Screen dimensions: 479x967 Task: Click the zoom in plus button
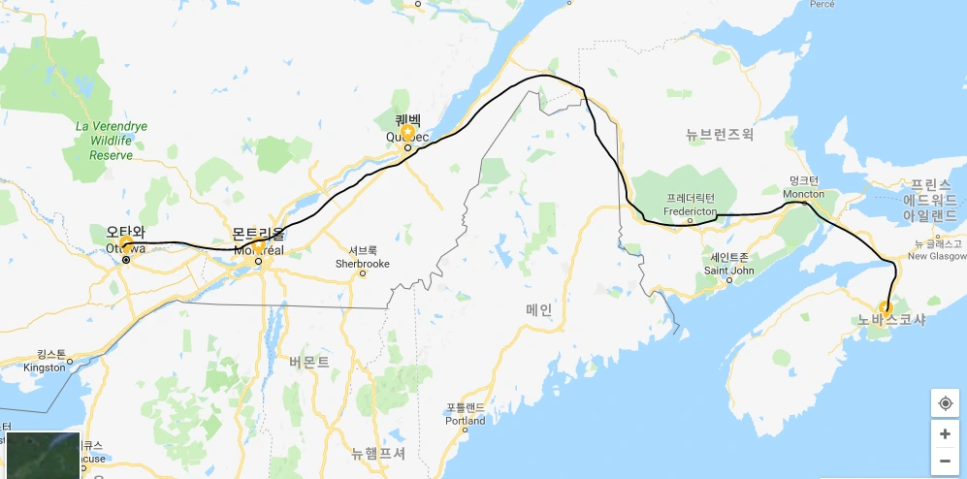click(x=945, y=433)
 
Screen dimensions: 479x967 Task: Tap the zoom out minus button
click(x=945, y=462)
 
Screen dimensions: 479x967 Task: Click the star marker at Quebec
click(x=407, y=132)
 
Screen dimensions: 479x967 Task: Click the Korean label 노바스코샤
click(x=891, y=320)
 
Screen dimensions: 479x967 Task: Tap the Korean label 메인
click(x=539, y=309)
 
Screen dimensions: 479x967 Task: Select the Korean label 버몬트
click(x=308, y=362)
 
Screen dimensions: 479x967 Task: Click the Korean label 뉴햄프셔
click(x=377, y=453)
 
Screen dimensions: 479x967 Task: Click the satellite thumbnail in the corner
click(x=43, y=456)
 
